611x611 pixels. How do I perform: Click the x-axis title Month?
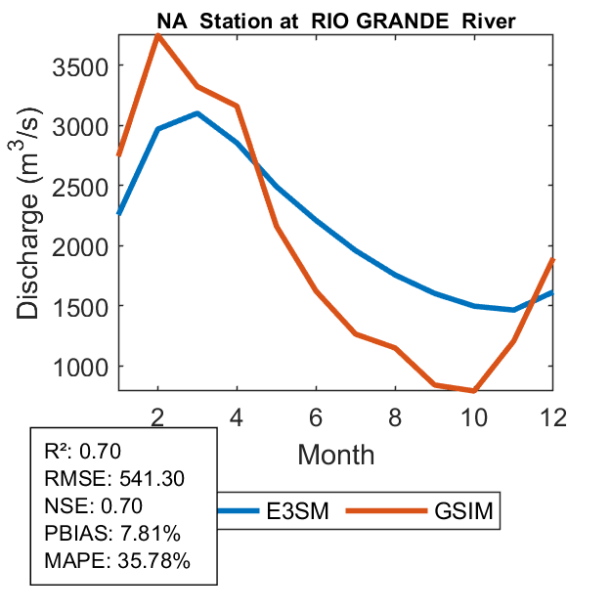(335, 454)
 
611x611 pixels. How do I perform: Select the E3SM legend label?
(297, 511)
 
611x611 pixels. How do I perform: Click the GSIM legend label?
(464, 511)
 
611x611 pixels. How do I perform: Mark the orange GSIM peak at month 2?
(158, 35)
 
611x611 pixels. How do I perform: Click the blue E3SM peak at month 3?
(197, 113)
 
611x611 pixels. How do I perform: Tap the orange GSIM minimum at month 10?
(474, 391)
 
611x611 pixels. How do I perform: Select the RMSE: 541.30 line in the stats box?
(114, 478)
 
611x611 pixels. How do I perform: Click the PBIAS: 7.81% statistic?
(111, 534)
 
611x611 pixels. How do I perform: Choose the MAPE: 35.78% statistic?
(117, 561)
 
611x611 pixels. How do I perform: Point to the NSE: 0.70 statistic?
(94, 505)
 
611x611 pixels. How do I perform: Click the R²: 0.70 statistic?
(87, 451)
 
